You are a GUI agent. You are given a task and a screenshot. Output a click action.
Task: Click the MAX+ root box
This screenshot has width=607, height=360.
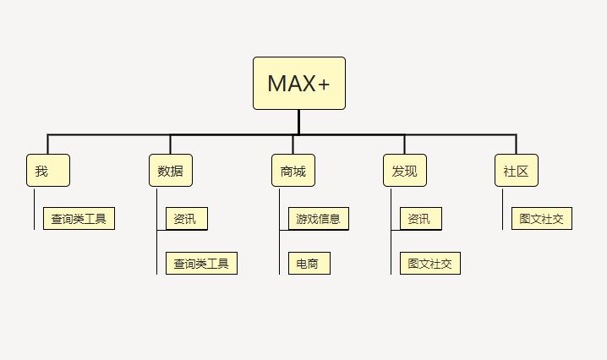tap(299, 83)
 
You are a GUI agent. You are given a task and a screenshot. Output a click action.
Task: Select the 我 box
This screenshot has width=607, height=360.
tap(48, 170)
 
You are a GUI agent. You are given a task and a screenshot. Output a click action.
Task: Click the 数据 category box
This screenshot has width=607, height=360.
tap(170, 170)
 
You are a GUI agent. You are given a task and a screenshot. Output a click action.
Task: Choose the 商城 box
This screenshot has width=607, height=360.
tap(293, 170)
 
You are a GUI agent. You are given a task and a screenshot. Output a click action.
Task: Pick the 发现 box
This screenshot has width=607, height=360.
tap(404, 170)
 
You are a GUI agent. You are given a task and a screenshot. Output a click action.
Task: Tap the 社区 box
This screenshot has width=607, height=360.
tap(517, 170)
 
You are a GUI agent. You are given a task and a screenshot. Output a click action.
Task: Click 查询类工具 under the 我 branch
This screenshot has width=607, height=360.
tap(79, 219)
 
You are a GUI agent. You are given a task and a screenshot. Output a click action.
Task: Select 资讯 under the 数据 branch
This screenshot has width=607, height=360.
tap(186, 219)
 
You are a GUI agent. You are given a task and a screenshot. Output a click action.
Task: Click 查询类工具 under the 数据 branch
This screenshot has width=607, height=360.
tap(201, 264)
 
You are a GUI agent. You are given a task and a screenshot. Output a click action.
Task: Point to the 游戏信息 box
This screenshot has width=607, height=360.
tap(318, 219)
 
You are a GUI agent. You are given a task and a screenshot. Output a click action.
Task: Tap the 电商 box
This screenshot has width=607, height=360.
tap(309, 264)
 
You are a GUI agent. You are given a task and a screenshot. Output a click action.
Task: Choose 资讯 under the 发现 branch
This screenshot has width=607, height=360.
tap(420, 219)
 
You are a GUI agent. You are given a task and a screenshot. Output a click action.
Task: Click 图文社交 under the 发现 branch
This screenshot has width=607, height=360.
tap(429, 264)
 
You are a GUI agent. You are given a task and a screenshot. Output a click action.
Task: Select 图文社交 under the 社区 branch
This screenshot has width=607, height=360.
tap(542, 219)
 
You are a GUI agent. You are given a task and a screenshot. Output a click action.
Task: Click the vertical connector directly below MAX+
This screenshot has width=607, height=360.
tap(299, 122)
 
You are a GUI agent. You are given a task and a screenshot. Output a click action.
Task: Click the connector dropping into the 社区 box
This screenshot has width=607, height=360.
tap(516, 144)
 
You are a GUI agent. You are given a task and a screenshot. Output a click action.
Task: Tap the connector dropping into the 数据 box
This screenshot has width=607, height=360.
tap(170, 144)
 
